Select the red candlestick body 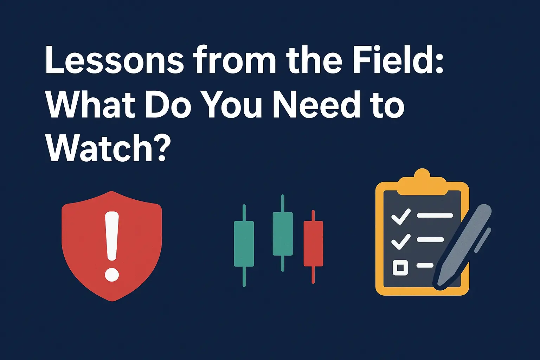click(x=313, y=243)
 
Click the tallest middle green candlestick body click(x=283, y=233)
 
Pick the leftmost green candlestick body click(x=244, y=243)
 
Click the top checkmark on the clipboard click(x=401, y=216)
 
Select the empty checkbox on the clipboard click(x=400, y=268)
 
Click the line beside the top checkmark click(x=435, y=215)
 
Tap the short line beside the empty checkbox click(x=425, y=265)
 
